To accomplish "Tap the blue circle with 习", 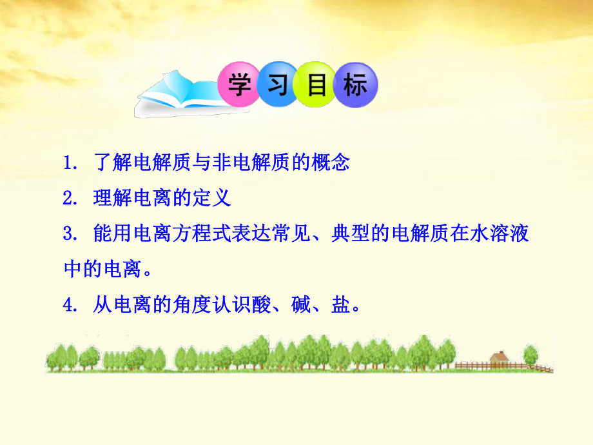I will (x=277, y=84).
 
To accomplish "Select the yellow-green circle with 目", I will (x=316, y=84).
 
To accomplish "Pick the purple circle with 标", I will (x=355, y=84).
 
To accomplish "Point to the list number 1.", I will (x=69, y=163).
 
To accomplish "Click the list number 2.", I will (x=69, y=198).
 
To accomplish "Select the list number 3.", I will (x=69, y=233).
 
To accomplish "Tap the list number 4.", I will (x=69, y=305).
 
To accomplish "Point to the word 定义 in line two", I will (x=211, y=198).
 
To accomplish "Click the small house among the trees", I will (x=499, y=359).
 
